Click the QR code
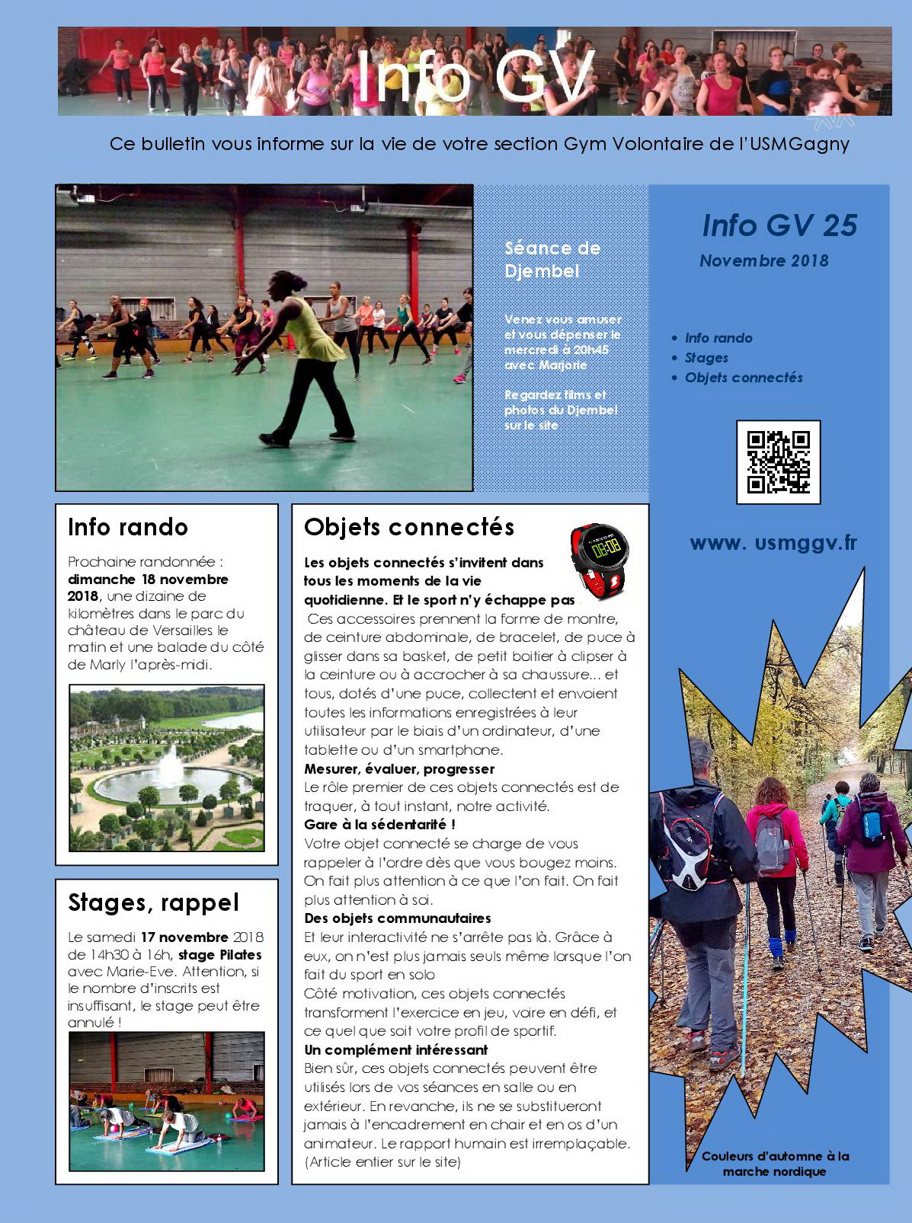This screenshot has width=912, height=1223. [x=778, y=461]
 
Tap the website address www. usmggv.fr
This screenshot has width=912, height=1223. [x=773, y=543]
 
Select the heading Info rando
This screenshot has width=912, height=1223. [x=128, y=527]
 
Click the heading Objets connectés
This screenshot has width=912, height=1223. [x=409, y=527]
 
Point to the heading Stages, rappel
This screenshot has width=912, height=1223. [x=153, y=902]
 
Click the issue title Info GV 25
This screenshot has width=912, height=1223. [x=779, y=225]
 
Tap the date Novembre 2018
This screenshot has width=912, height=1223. [x=763, y=260]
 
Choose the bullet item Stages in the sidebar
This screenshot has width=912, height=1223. [x=706, y=358]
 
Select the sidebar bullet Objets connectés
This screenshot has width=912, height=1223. [x=744, y=378]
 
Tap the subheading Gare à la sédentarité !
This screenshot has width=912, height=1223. [x=379, y=824]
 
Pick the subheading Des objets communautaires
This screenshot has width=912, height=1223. [x=397, y=918]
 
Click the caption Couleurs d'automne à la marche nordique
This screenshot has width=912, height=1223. [x=775, y=1164]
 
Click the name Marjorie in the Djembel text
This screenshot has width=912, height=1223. [x=563, y=365]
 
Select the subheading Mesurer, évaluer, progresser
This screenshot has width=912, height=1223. [x=399, y=768]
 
